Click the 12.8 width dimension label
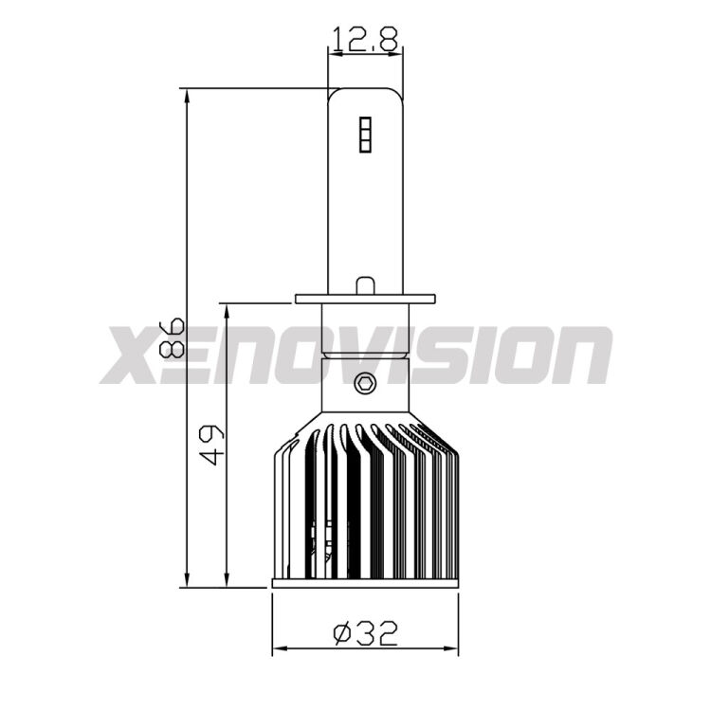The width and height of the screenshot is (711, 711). [x=366, y=39]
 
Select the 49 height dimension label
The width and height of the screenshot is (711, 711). [x=211, y=445]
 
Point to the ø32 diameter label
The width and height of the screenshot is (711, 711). [x=366, y=634]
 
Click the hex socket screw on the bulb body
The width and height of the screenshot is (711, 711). [x=365, y=384]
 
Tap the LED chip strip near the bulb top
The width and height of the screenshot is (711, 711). [x=366, y=135]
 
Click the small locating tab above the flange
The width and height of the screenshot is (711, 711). [x=366, y=285]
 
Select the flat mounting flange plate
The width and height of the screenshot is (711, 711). [x=366, y=300]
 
